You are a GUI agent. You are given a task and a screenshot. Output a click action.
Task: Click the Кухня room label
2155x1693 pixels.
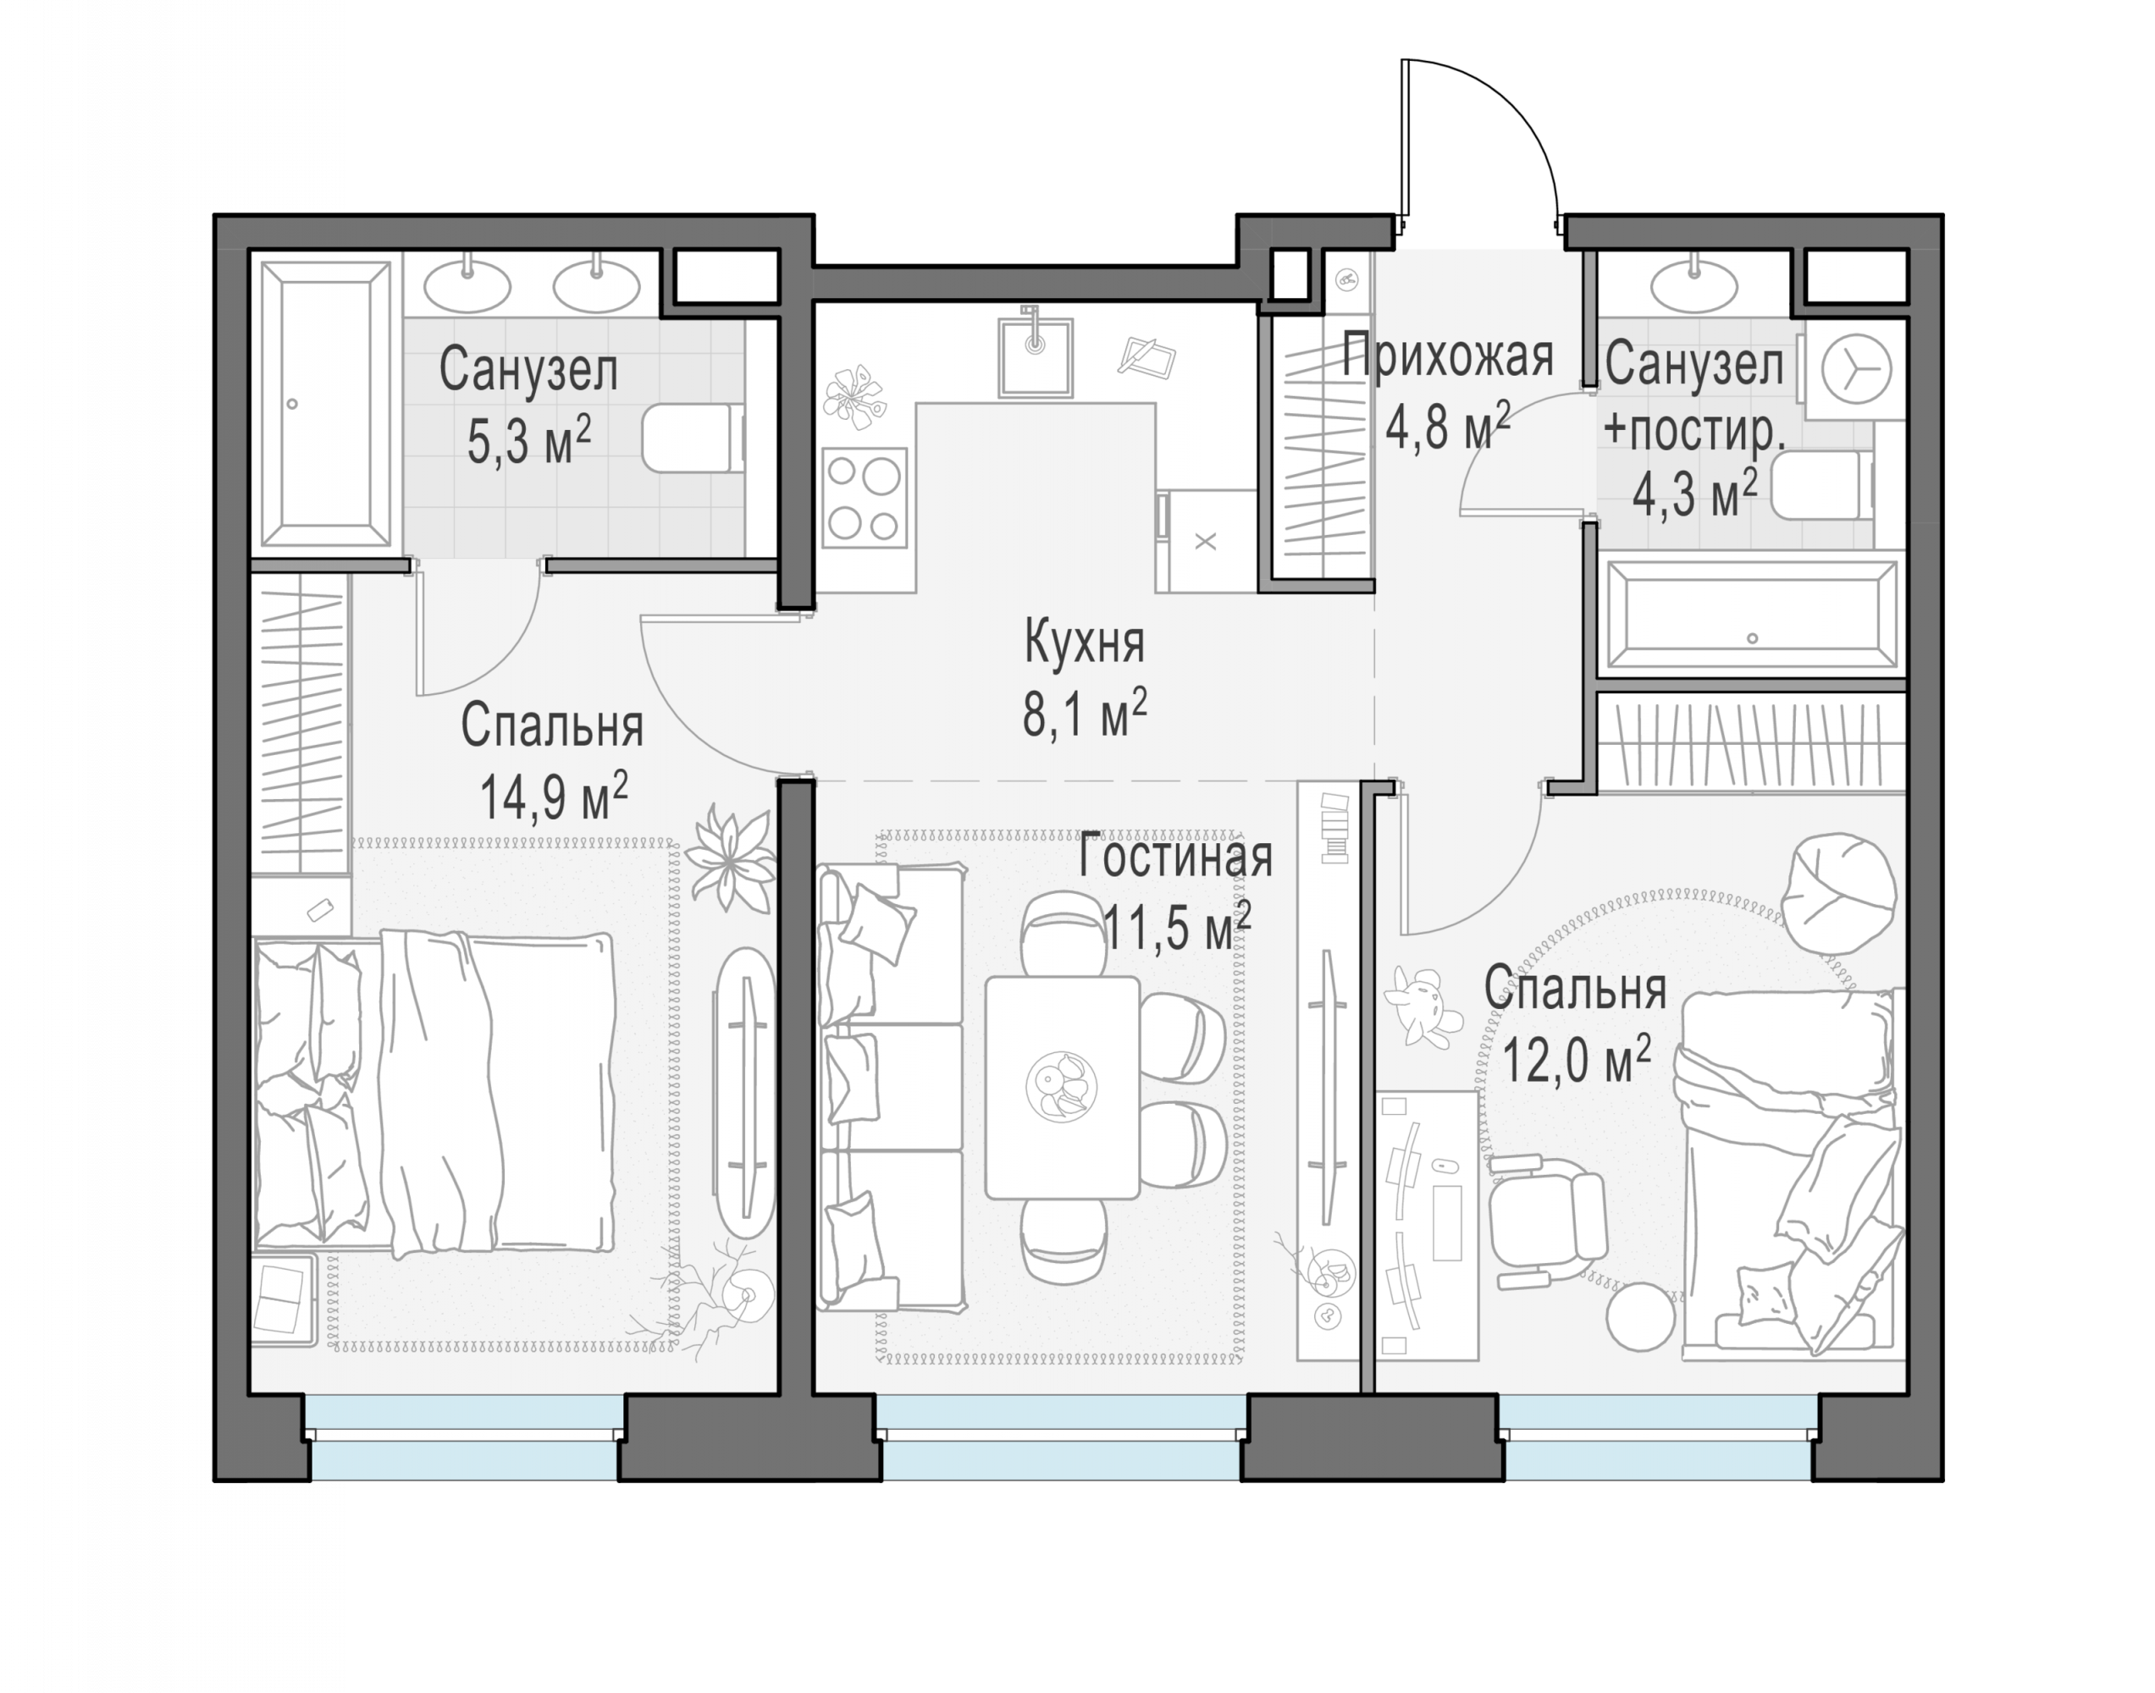pos(1085,642)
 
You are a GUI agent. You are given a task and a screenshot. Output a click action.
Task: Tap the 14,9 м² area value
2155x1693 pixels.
pos(553,796)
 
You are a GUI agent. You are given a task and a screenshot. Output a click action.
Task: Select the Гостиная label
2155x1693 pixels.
pos(1174,858)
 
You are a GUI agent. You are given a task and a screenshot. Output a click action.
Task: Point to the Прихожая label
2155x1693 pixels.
pos(1446,357)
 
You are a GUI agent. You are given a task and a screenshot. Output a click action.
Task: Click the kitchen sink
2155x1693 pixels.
pos(1035,355)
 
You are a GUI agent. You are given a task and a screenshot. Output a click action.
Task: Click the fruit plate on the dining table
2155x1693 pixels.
pos(1062,1086)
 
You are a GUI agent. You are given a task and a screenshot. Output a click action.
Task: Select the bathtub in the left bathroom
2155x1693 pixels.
pos(325,405)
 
